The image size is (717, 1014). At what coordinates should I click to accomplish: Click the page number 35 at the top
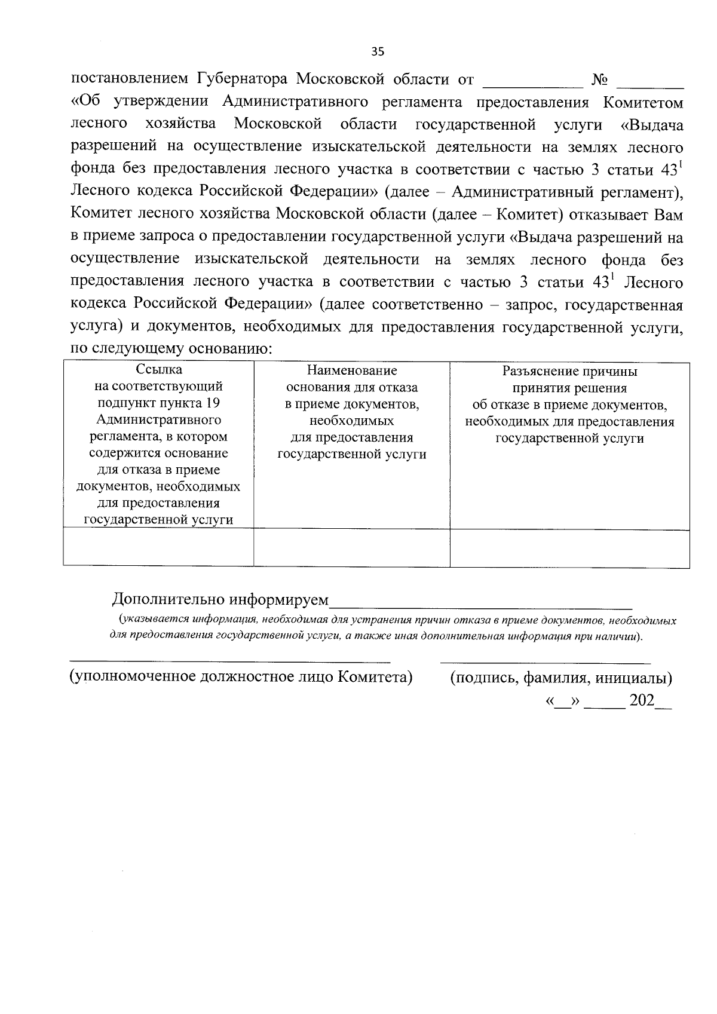[x=378, y=51]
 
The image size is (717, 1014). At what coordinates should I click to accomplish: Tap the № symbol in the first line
[x=599, y=79]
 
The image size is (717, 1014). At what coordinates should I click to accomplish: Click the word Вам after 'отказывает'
[x=669, y=214]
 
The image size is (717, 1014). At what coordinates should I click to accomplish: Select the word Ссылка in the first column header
[x=158, y=370]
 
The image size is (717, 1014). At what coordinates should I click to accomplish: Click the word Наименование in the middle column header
[x=351, y=371]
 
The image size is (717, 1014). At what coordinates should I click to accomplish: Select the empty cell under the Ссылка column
[x=158, y=547]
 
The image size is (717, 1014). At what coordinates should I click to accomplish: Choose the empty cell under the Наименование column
[x=351, y=547]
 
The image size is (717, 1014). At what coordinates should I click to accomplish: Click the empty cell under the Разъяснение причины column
[x=569, y=547]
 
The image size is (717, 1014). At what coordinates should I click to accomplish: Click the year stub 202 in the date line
[x=642, y=700]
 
